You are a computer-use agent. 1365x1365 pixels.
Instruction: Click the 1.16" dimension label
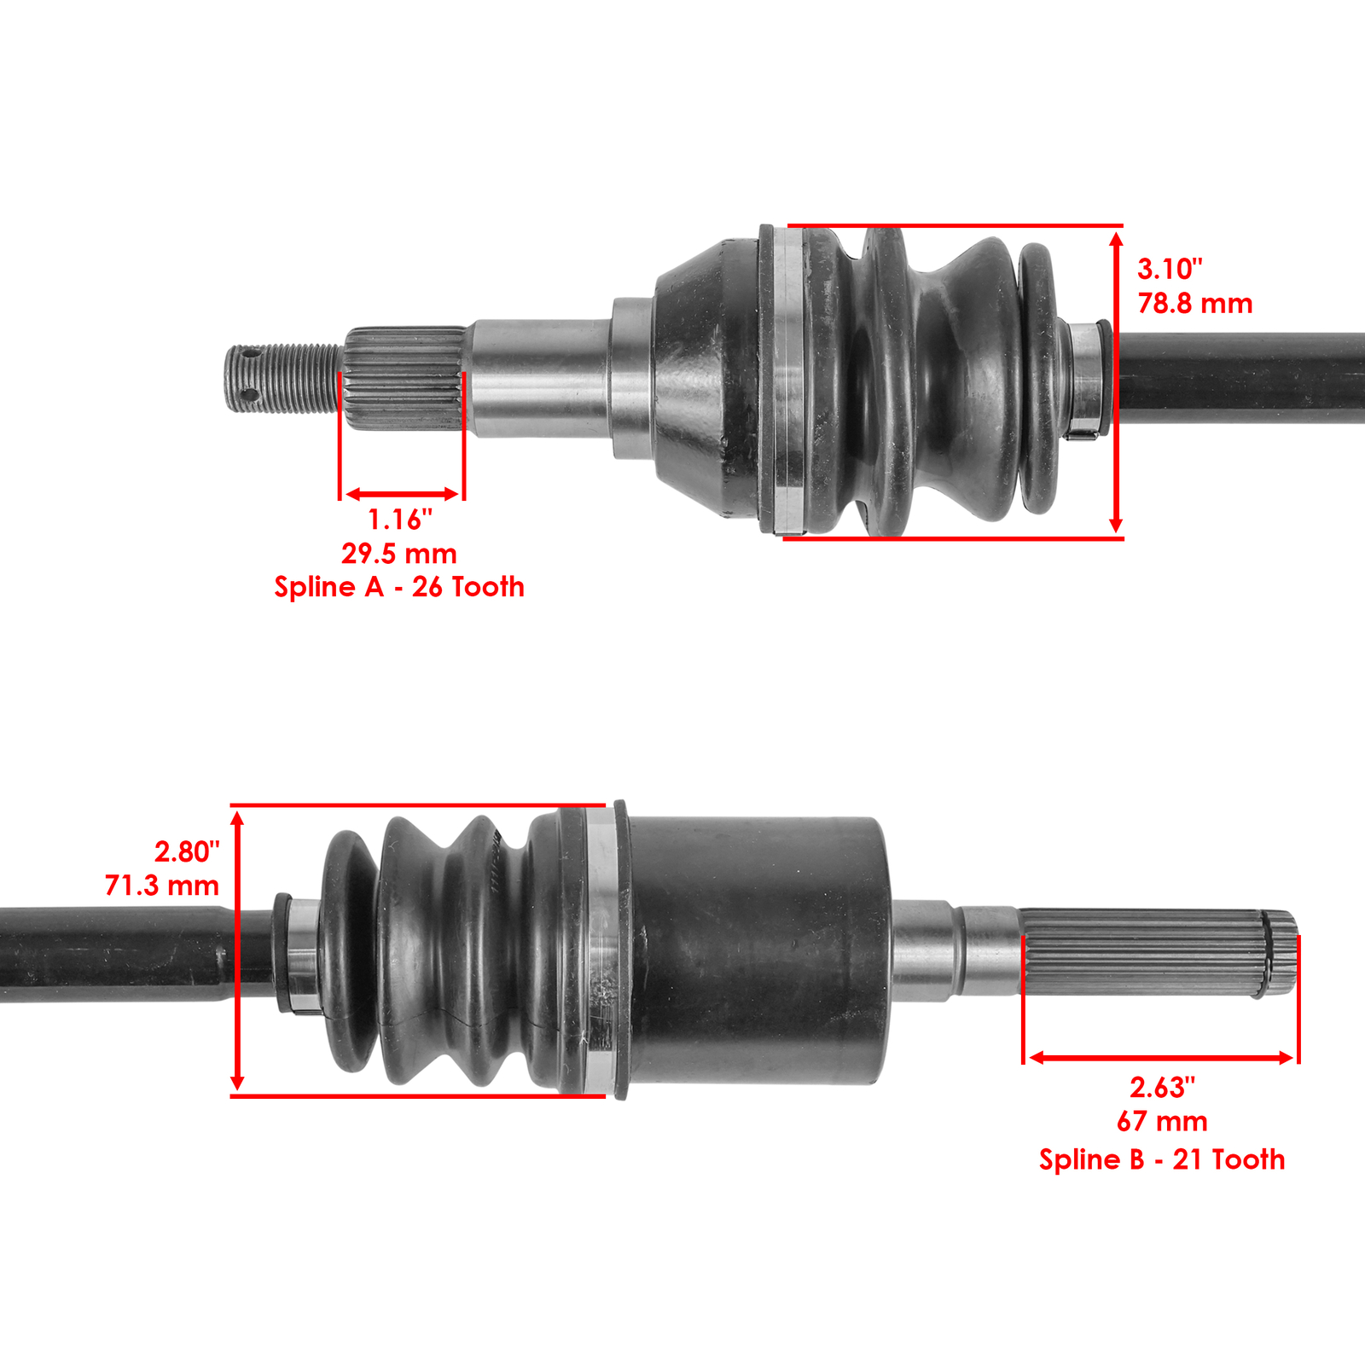click(399, 519)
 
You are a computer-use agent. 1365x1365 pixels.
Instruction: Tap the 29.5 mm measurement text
click(399, 554)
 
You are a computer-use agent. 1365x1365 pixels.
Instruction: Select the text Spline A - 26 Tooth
click(399, 587)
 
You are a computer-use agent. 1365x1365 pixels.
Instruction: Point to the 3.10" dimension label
click(1170, 270)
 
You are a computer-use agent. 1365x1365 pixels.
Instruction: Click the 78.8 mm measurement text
click(1195, 304)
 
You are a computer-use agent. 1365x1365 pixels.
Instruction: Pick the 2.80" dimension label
click(187, 851)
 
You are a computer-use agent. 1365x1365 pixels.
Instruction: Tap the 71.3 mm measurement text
click(162, 886)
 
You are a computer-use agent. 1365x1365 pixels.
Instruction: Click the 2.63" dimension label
click(1162, 1088)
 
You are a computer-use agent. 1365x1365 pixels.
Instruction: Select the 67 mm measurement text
click(1162, 1121)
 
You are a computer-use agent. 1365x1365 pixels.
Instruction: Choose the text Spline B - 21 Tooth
click(1162, 1159)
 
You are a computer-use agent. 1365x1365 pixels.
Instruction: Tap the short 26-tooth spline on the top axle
click(404, 377)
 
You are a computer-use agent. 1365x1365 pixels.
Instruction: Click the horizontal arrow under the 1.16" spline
click(402, 494)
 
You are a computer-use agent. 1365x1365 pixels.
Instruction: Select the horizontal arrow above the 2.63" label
click(1161, 1058)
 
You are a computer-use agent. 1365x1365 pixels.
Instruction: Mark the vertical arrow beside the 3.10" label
click(1116, 382)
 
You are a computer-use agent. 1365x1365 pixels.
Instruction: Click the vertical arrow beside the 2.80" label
click(238, 950)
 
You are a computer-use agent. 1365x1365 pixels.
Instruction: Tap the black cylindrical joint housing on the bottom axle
click(759, 950)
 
